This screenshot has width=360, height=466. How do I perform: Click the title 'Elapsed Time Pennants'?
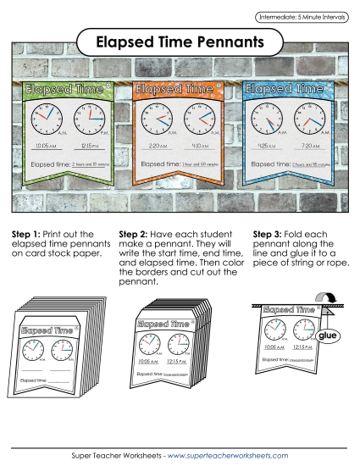click(x=180, y=42)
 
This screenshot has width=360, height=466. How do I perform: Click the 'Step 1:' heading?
click(x=28, y=233)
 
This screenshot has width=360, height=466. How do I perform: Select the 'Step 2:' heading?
click(x=137, y=233)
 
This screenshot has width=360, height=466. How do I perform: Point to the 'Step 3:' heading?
click(x=272, y=233)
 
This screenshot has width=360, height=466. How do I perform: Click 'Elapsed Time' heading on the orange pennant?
click(x=175, y=89)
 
